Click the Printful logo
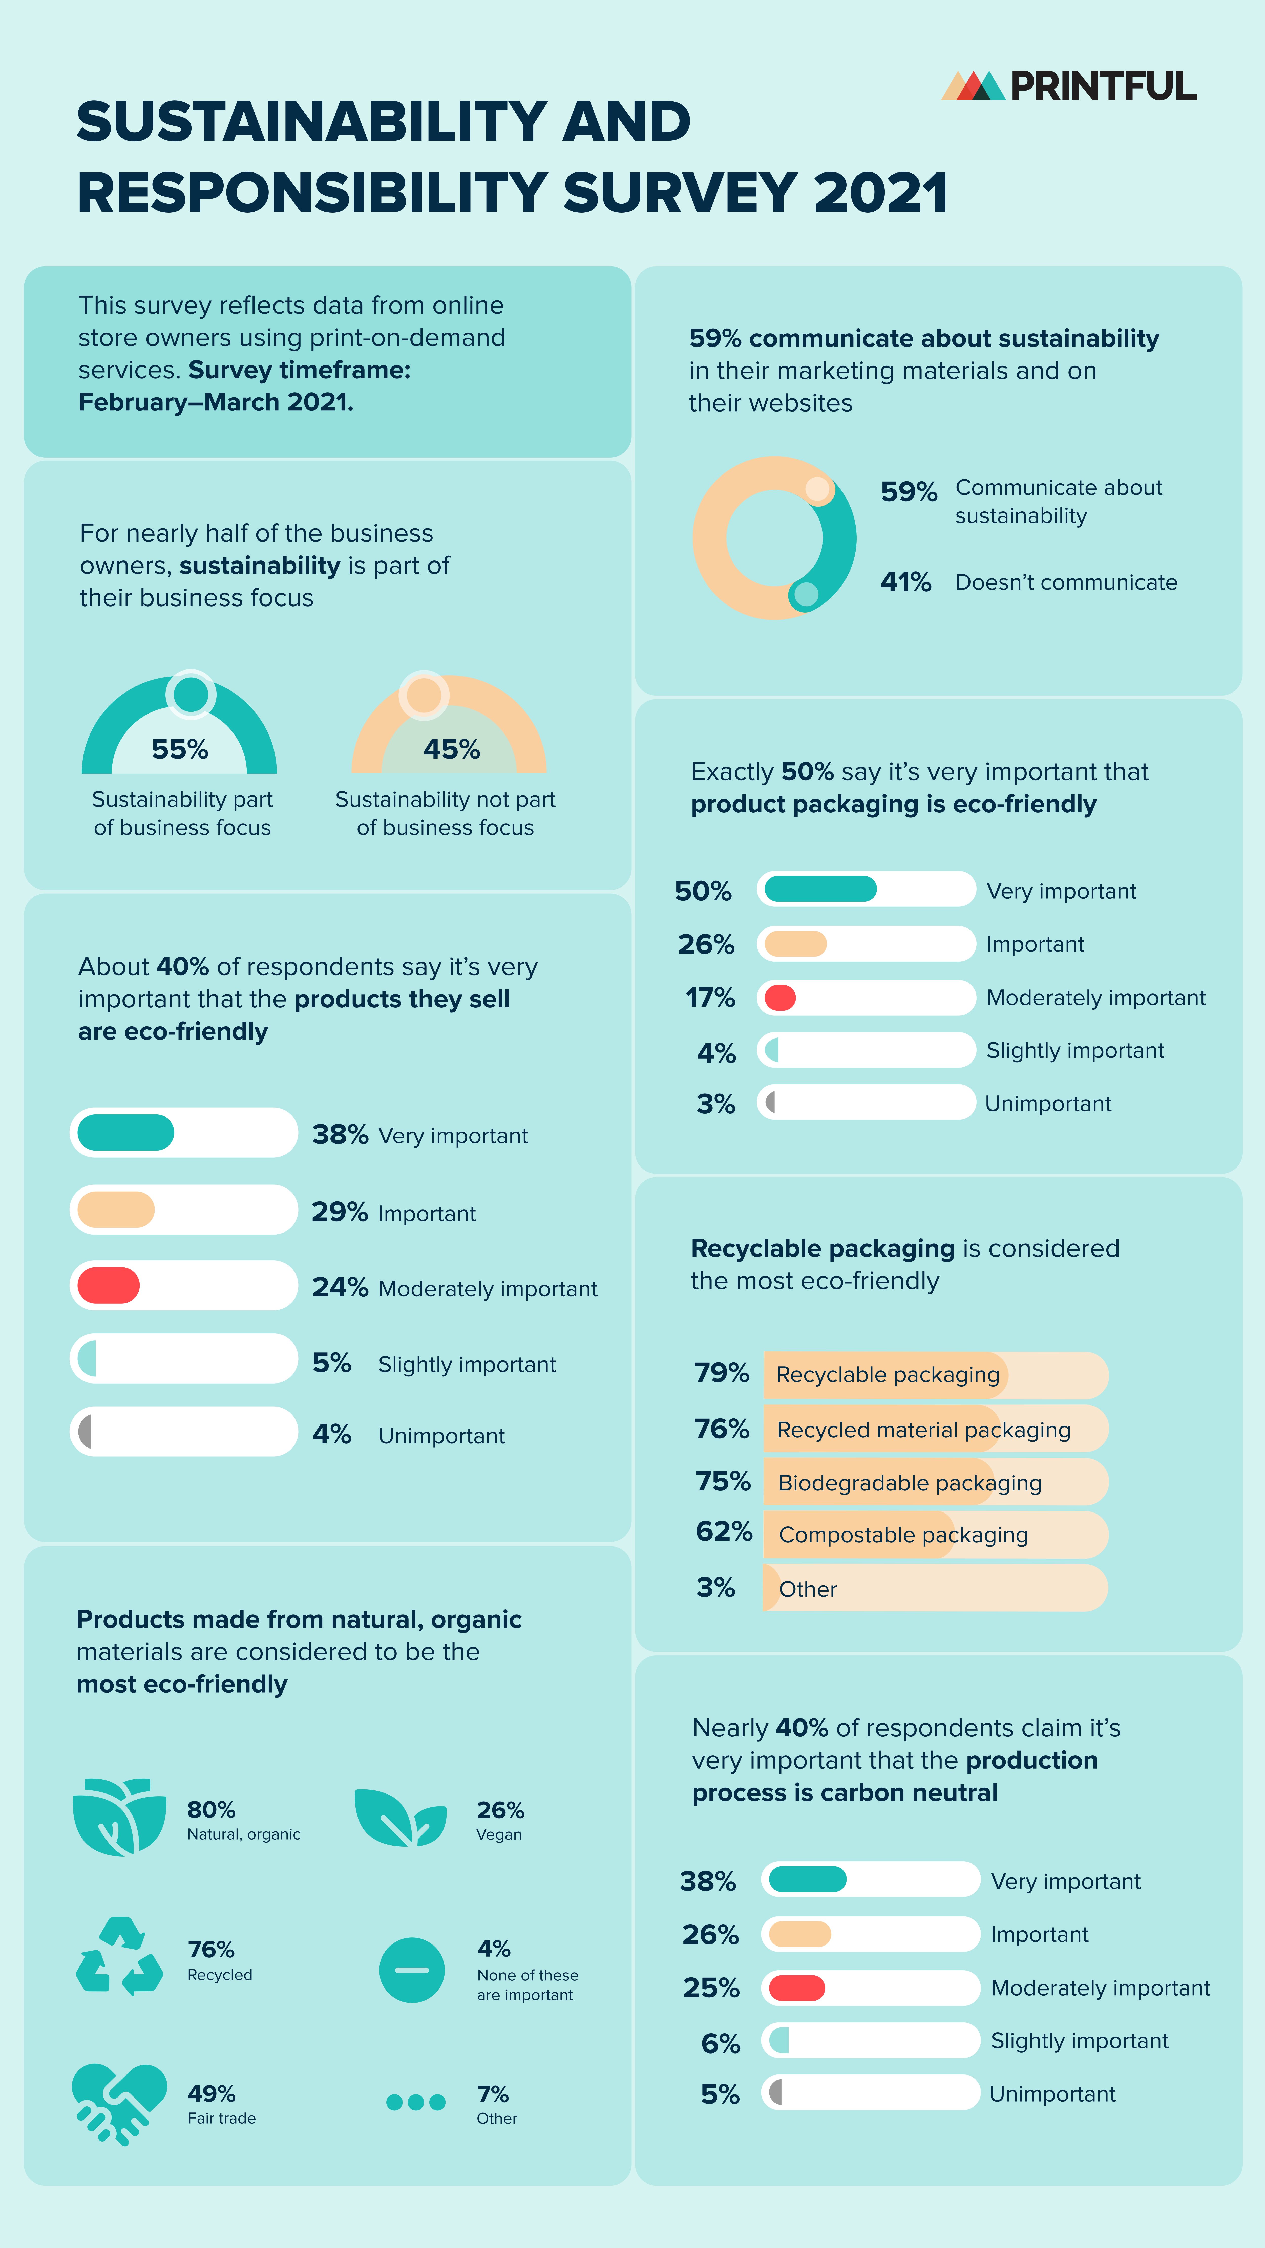coord(1069,85)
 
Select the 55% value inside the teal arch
coord(180,749)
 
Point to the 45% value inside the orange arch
coord(451,749)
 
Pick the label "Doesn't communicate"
coord(1066,582)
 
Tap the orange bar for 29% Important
coord(116,1209)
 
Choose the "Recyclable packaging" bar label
coord(888,1374)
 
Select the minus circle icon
coord(412,1970)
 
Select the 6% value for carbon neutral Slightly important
coord(720,2043)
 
